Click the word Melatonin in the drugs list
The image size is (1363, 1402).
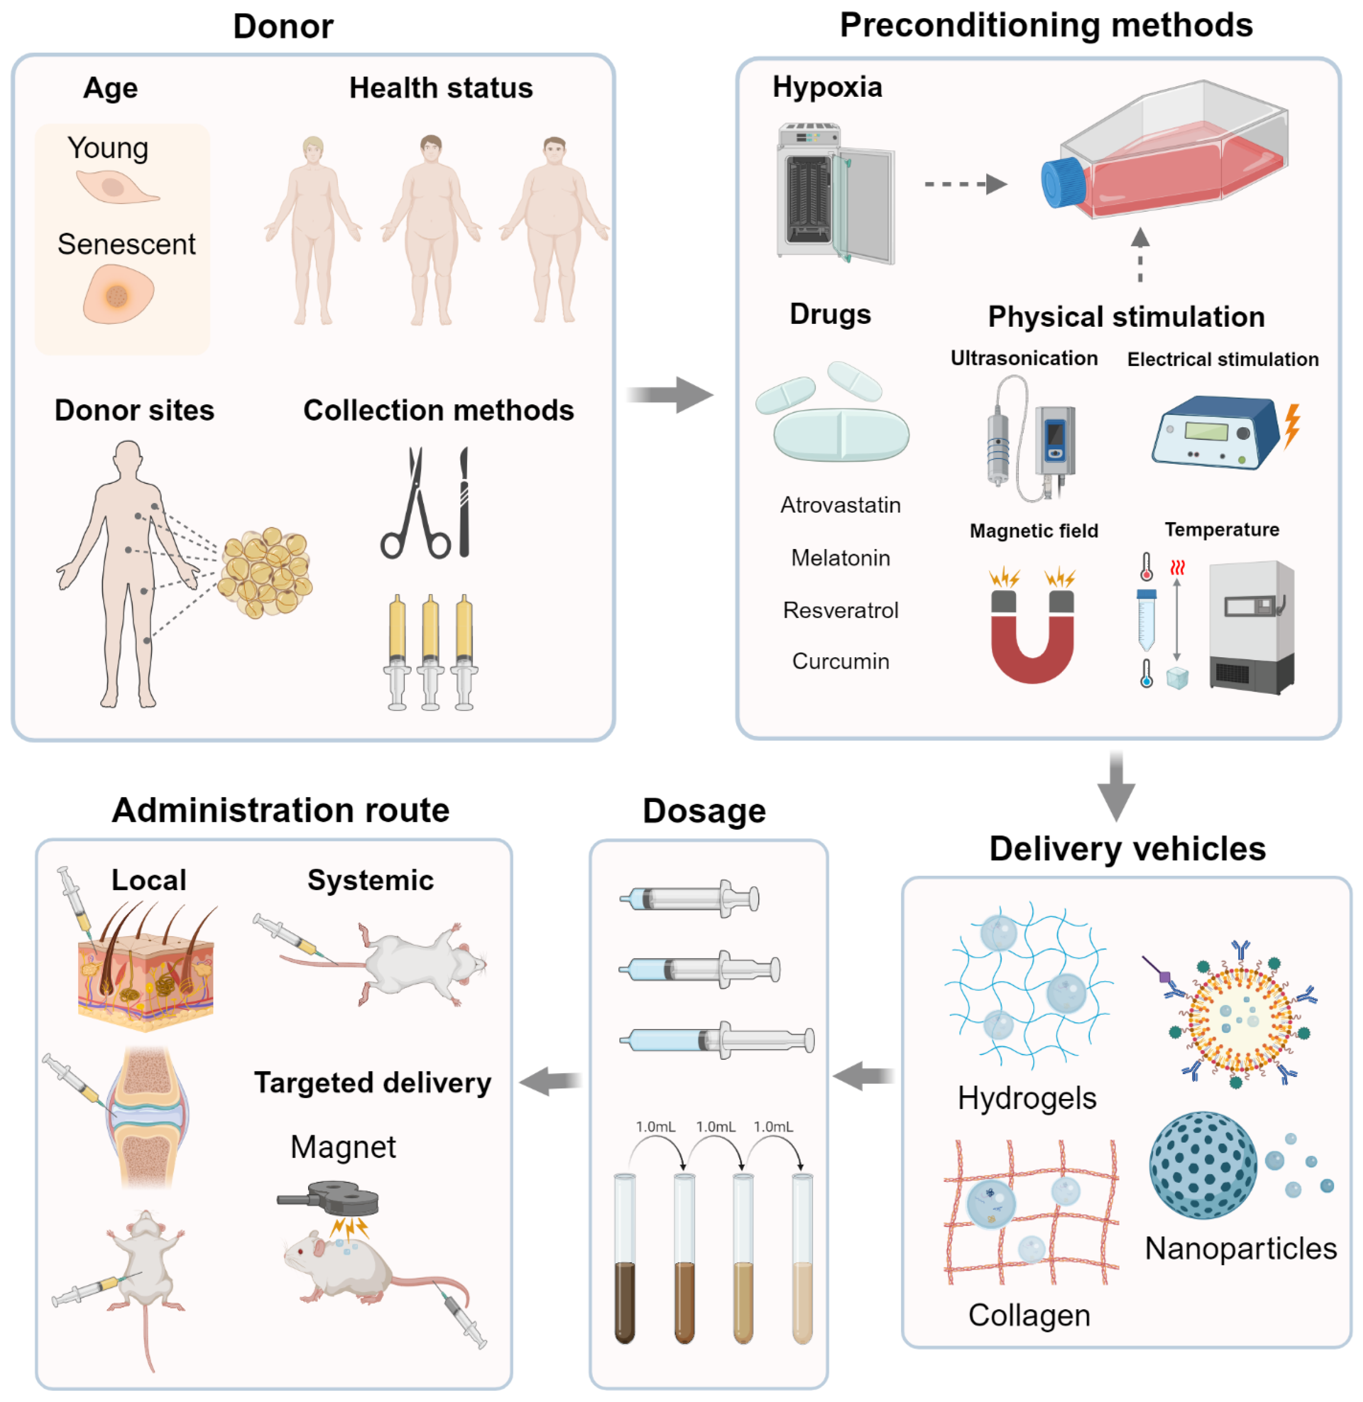pos(841,558)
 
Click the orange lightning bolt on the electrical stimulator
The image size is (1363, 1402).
pos(1291,426)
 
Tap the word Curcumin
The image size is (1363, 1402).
pos(841,661)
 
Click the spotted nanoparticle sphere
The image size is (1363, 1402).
pos(1203,1165)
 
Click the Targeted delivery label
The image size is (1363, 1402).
pos(372,1082)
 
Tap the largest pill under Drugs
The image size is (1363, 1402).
pos(841,435)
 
